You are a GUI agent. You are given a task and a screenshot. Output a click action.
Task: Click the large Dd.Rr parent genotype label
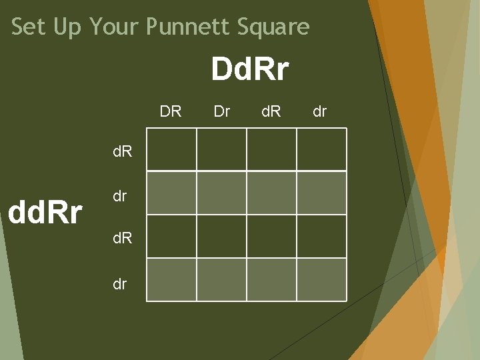point(250,69)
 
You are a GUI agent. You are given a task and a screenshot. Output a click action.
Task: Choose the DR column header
point(171,111)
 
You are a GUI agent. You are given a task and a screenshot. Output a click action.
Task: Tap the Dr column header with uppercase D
point(221,111)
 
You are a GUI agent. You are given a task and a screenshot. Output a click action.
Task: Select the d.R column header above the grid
point(271,111)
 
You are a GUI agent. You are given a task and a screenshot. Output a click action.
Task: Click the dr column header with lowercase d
point(320,111)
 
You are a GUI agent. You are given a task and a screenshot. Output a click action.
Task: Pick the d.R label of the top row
point(122,151)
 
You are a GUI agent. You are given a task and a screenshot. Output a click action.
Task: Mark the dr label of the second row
point(119,197)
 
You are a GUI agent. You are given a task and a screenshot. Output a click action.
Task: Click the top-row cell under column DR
point(171,149)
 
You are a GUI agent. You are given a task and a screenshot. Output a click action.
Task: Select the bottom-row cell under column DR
point(171,280)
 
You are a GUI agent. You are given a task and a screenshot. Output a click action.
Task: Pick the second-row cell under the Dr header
point(221,193)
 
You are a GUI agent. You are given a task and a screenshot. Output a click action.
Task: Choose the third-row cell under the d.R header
point(271,236)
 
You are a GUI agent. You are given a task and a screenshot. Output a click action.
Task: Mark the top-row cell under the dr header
point(321,149)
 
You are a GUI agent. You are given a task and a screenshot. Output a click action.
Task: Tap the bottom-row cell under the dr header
point(321,280)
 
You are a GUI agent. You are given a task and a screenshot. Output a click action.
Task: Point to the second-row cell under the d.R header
point(271,193)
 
